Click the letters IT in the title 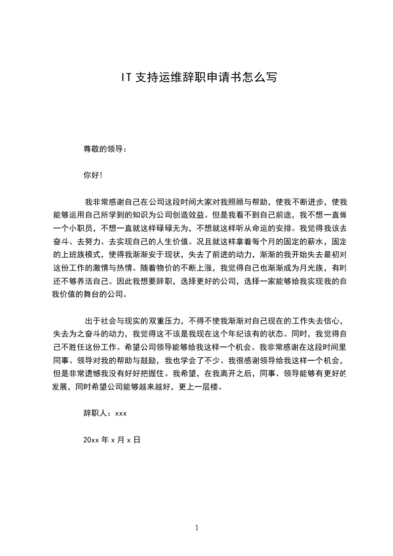[127, 77]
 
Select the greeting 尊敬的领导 [102, 149]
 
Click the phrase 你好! [93, 175]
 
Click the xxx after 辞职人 [121, 413]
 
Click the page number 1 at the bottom [197, 528]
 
